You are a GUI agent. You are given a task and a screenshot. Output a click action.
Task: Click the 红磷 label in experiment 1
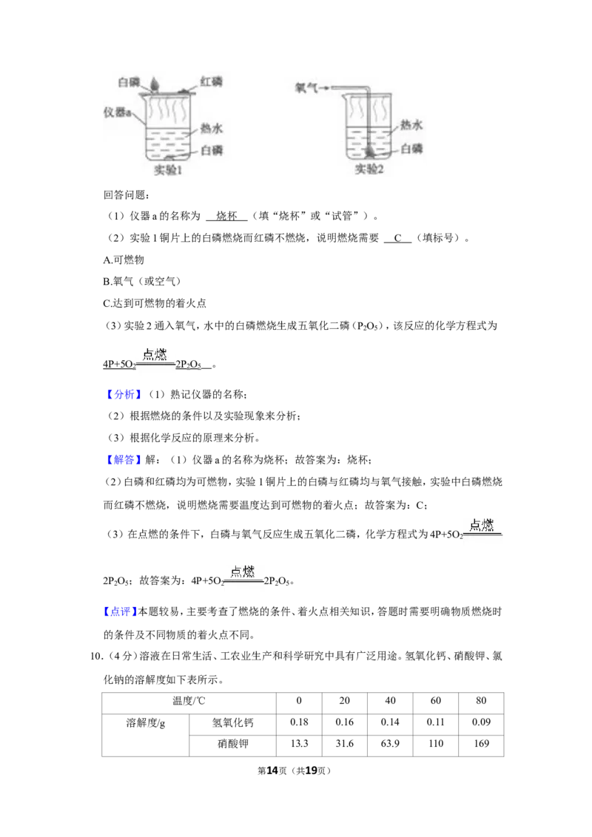(x=211, y=81)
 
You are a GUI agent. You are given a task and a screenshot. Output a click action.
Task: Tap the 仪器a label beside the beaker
(x=117, y=112)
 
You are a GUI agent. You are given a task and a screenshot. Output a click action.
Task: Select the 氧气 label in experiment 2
(x=306, y=87)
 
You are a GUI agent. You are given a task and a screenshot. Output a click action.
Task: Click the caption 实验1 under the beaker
(x=168, y=170)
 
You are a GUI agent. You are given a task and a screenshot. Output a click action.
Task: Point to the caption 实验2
(x=370, y=169)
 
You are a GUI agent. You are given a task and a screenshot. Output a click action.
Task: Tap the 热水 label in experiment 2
(x=411, y=125)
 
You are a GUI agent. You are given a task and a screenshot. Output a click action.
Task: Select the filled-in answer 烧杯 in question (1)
(x=226, y=216)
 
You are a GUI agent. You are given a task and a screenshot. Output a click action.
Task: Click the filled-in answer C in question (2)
(x=397, y=238)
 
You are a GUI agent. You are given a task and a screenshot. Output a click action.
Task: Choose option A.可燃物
(x=124, y=260)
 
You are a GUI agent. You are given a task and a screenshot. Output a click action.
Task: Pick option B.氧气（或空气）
(x=142, y=281)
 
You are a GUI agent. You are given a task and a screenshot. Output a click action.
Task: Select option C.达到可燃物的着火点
(x=155, y=303)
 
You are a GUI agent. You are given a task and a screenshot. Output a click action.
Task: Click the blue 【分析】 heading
(x=124, y=395)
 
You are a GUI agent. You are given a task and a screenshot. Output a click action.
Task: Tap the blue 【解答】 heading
(x=124, y=460)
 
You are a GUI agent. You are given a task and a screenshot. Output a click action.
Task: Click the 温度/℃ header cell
(x=189, y=701)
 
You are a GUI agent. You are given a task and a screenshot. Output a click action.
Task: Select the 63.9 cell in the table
(x=390, y=744)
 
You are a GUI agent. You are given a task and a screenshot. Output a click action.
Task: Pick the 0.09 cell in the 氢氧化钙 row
(x=481, y=722)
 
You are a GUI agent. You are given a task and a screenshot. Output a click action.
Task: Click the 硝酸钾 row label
(x=233, y=744)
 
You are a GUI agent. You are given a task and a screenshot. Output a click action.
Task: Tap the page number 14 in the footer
(x=272, y=770)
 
